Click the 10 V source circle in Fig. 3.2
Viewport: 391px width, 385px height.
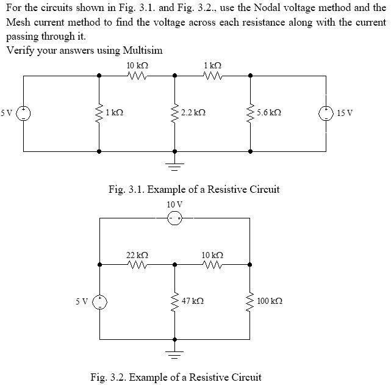coord(175,218)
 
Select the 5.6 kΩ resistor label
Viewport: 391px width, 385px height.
coord(269,113)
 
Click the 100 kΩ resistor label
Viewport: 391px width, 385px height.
coord(270,301)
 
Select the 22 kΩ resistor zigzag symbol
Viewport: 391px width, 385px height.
coord(137,265)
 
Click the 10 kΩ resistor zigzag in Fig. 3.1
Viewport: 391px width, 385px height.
coord(137,76)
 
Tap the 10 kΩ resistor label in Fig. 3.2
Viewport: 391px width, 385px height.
coord(212,254)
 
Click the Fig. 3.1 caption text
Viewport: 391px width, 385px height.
coord(194,189)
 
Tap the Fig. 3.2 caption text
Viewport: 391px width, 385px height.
coord(176,376)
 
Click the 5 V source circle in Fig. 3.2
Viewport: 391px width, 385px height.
coord(99,301)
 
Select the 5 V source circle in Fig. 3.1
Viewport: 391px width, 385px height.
coord(24,113)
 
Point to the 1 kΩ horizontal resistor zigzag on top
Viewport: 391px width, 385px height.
coord(212,76)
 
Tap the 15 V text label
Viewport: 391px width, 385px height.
coord(345,113)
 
